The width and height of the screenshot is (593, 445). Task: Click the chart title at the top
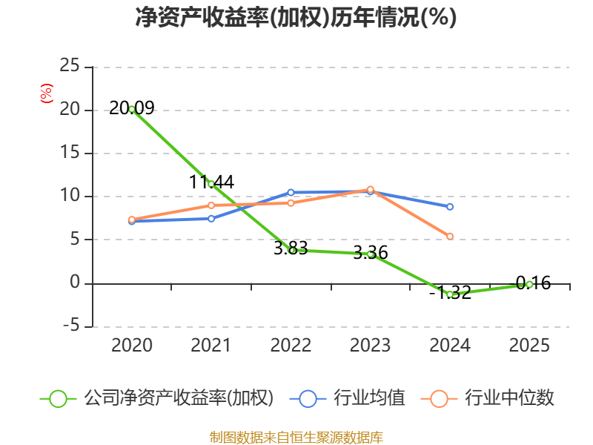296,17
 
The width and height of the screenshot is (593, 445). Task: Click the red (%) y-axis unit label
47,93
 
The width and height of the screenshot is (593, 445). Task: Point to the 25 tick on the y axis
70,65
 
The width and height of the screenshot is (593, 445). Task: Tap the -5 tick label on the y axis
71,326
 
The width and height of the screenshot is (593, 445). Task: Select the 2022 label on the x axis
291,345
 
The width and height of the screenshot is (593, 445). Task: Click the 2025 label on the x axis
529,345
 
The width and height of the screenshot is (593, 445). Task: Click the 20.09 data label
132,108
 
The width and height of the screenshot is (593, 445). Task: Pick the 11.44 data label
211,182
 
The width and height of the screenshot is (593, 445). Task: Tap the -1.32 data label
450,292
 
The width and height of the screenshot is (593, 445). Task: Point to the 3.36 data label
370,252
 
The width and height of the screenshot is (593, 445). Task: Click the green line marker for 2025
529,285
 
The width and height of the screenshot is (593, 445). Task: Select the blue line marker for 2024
450,207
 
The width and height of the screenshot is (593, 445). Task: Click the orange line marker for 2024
450,237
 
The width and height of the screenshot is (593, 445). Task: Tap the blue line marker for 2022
291,193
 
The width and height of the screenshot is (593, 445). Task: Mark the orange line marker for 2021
211,205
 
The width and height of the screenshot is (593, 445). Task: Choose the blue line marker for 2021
211,219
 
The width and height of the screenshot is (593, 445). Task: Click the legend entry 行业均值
347,398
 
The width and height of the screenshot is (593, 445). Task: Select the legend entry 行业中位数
487,398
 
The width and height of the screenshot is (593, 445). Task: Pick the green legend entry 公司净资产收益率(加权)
156,398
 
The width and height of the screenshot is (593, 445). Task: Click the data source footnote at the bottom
296,438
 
